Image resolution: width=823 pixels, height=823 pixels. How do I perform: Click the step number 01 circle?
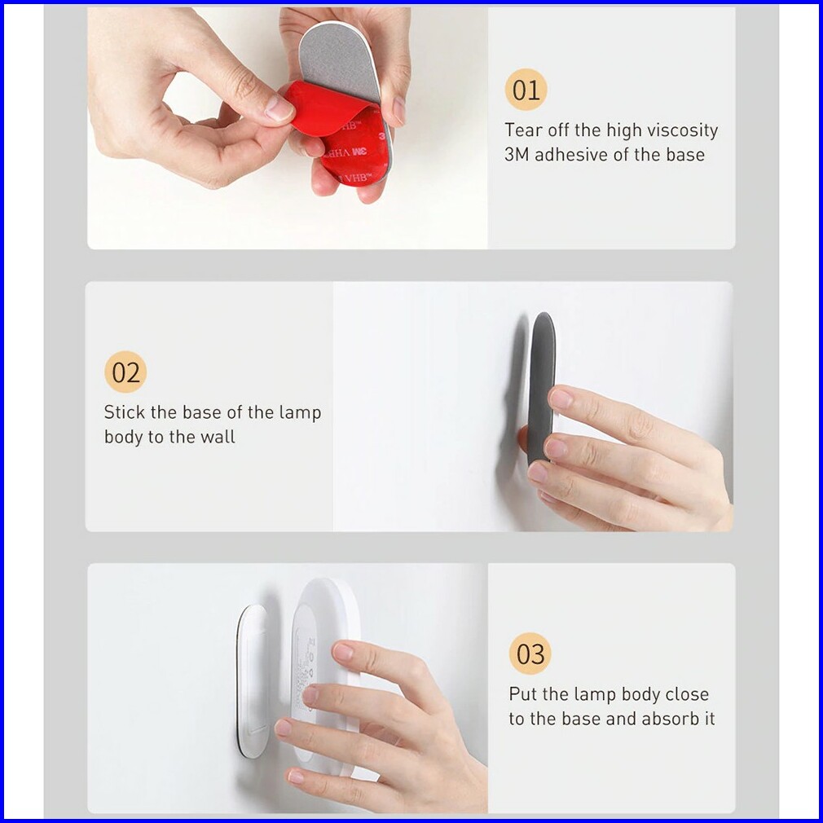point(526,90)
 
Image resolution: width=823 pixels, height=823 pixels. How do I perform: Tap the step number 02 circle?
point(125,372)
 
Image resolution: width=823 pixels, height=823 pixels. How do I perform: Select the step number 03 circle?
point(530,654)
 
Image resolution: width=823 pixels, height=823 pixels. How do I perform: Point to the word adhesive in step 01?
point(568,154)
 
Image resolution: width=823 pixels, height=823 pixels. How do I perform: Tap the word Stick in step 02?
point(124,412)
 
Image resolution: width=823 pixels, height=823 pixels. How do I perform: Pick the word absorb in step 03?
point(666,719)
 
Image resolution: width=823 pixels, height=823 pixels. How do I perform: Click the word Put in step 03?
point(523,694)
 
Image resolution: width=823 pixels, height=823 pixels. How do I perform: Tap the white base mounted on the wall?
point(253,681)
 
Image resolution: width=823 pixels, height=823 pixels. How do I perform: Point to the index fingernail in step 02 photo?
point(561,398)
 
